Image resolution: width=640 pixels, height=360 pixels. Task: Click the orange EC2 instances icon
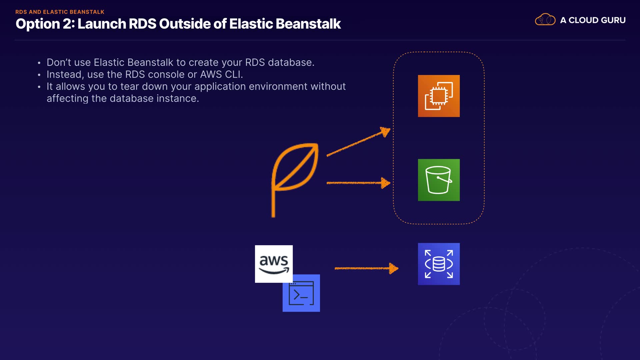point(439,96)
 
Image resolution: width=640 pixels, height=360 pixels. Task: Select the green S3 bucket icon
point(439,180)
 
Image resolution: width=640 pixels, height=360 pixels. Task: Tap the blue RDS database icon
point(439,264)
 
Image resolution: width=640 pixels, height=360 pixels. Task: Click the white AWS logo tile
point(274,263)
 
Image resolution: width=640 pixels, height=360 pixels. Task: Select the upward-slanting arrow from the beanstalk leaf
point(358,142)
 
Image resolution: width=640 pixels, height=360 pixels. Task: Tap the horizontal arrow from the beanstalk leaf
point(358,183)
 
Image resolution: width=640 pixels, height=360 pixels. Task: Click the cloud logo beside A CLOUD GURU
point(545,20)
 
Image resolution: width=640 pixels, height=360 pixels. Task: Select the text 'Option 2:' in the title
point(45,24)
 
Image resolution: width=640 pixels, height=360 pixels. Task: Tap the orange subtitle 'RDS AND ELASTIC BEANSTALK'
point(60,12)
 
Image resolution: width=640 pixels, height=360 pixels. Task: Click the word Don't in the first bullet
point(59,62)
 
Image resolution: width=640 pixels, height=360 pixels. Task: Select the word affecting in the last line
point(67,98)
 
